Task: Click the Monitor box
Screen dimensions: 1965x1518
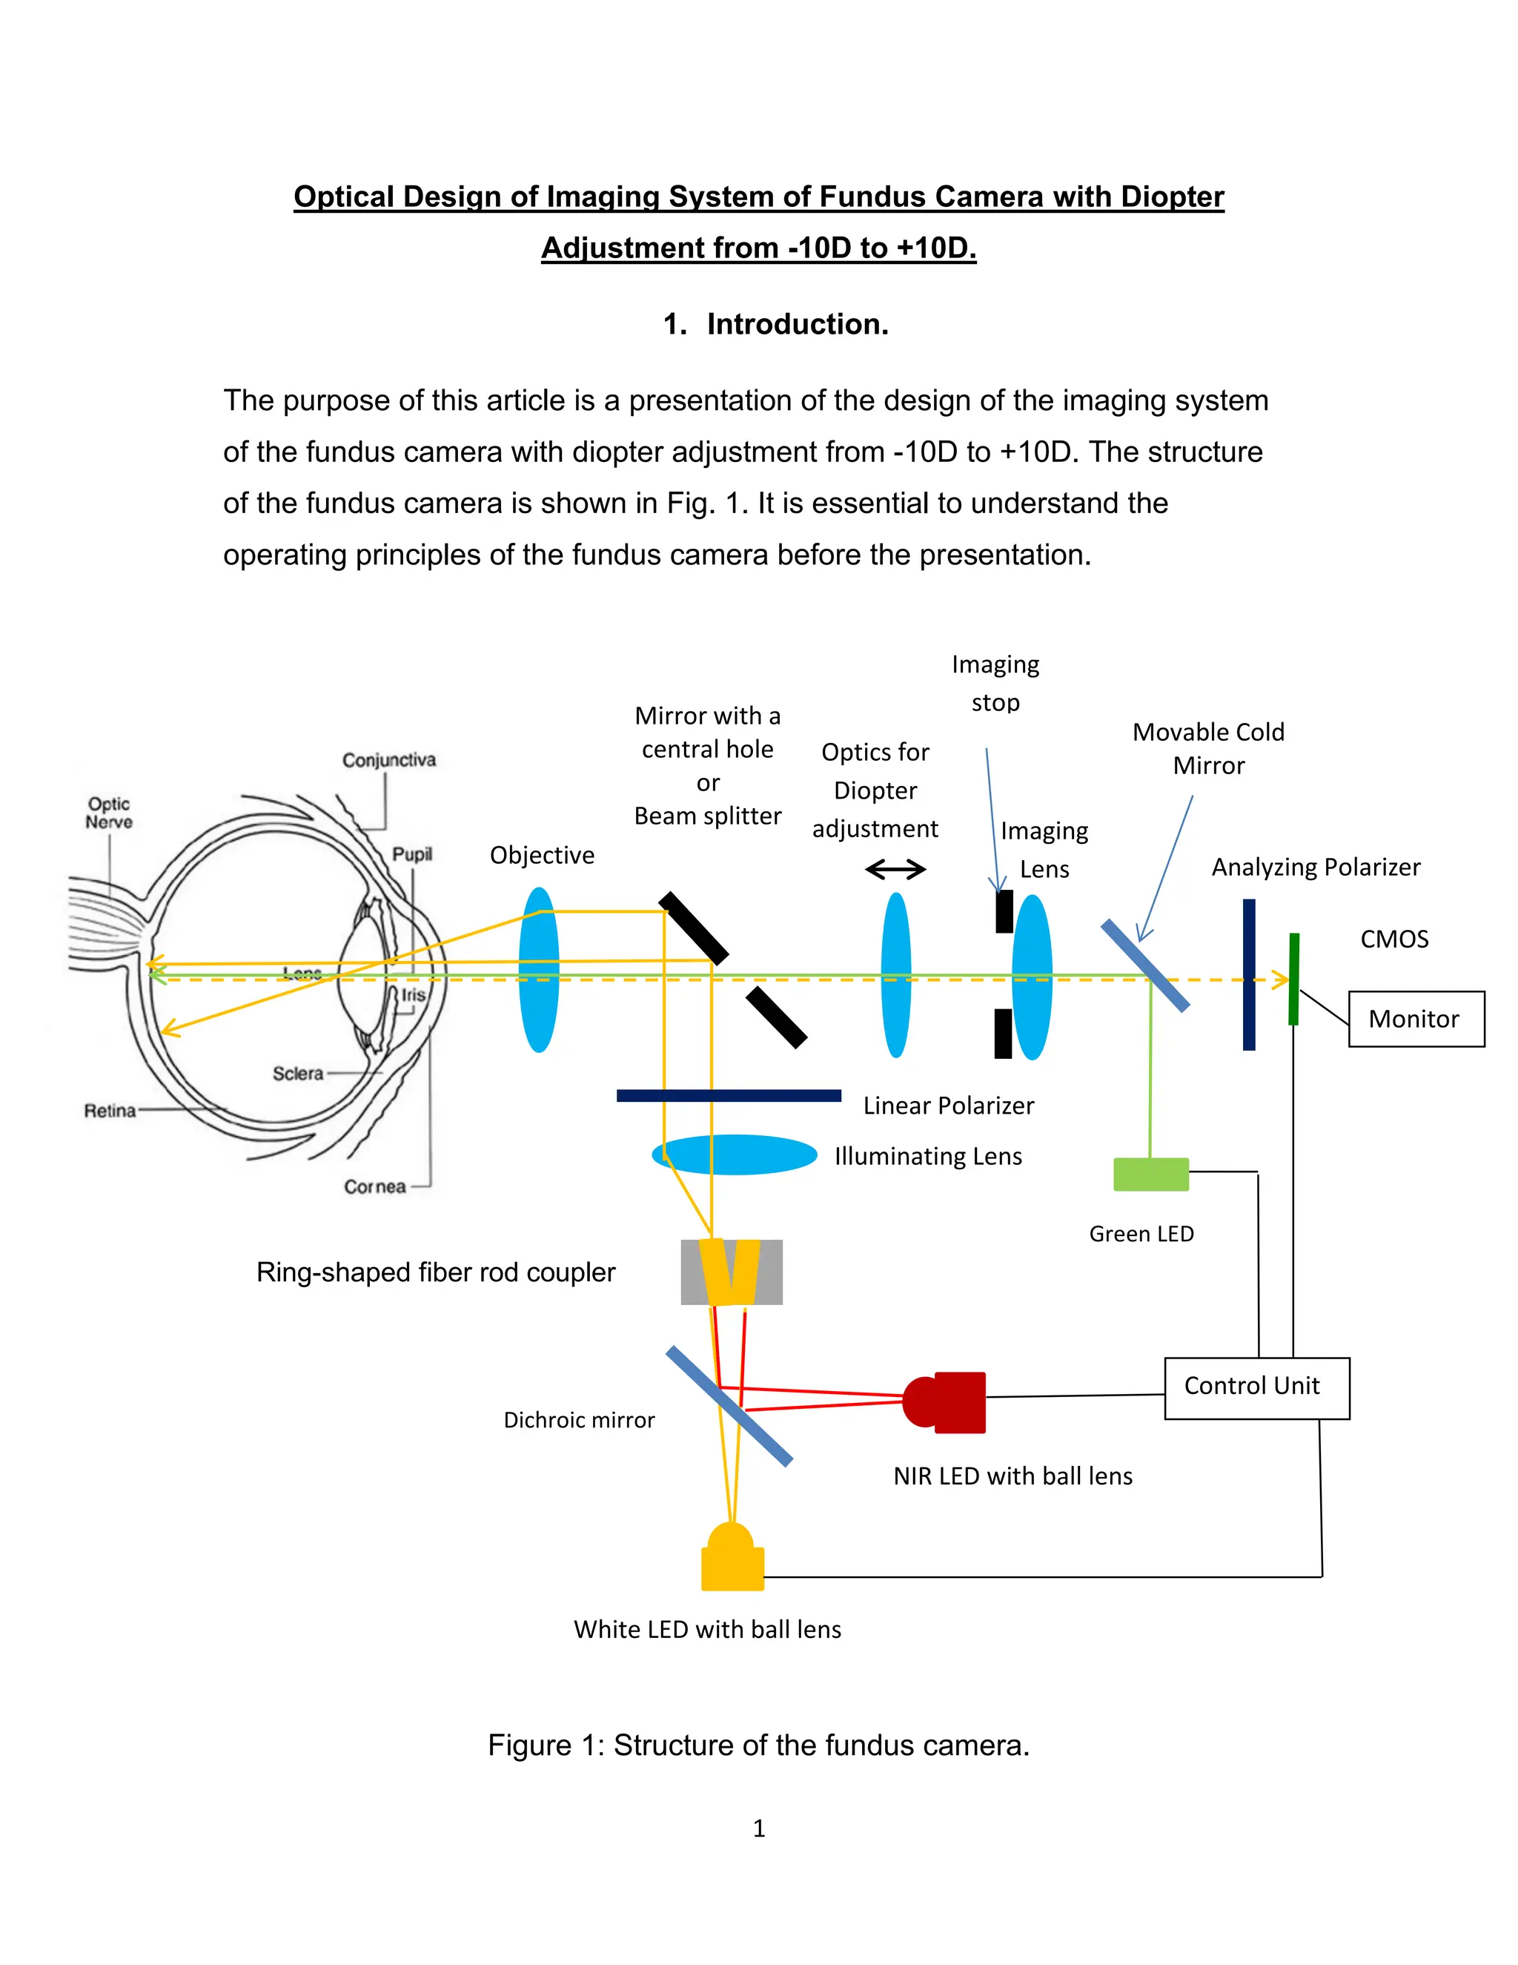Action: (1416, 1019)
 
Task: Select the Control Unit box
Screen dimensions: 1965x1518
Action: (1256, 1387)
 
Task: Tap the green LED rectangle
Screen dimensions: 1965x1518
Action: (1150, 1174)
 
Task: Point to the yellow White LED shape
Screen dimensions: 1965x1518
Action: (732, 1561)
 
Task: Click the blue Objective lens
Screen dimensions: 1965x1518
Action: (539, 970)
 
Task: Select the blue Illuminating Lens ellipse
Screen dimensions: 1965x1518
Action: (734, 1155)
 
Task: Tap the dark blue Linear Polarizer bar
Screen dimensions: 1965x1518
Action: (729, 1095)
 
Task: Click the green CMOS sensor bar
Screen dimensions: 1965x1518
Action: (1293, 979)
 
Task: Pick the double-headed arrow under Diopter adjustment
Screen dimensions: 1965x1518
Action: (895, 869)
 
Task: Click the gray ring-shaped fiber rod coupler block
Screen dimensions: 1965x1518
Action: (731, 1272)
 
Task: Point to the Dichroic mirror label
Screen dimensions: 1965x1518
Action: (578, 1420)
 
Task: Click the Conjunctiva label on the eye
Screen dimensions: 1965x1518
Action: (388, 760)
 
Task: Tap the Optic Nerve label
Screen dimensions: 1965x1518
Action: (109, 813)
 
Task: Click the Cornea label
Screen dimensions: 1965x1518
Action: (374, 1186)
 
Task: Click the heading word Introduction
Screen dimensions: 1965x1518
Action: (797, 324)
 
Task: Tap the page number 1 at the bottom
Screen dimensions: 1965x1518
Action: (758, 1829)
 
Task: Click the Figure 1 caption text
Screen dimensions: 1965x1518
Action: (758, 1746)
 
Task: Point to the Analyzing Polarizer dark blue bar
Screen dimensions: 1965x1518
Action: (1248, 974)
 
